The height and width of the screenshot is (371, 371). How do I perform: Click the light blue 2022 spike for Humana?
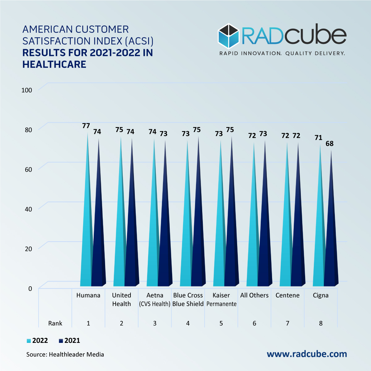tap(87, 241)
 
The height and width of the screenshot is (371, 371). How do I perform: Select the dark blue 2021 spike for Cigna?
tap(330, 247)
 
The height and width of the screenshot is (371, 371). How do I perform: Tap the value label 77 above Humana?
tap(86, 126)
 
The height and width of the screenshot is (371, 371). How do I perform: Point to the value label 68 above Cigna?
tap(330, 143)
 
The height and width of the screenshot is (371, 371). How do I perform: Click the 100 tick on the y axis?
tap(27, 90)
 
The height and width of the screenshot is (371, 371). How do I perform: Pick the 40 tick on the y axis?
tap(28, 209)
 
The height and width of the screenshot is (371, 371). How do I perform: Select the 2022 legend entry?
tap(37, 341)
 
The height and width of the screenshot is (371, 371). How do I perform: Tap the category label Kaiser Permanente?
tap(221, 300)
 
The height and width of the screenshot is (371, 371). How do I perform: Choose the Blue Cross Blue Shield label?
tap(188, 300)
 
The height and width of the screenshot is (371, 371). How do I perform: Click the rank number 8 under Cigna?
tap(321, 323)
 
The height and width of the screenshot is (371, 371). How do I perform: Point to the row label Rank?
tap(55, 323)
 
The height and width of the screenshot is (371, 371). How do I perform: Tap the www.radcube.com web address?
tap(307, 354)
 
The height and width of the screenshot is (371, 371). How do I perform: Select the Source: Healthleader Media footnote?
tap(65, 354)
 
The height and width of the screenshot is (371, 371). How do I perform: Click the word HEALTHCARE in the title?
tap(54, 64)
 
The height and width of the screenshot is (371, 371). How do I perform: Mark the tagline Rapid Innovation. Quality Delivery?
tap(282, 53)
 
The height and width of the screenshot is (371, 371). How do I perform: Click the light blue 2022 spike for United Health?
tap(120, 241)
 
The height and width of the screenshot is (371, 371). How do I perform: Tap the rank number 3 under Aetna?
tap(155, 323)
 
